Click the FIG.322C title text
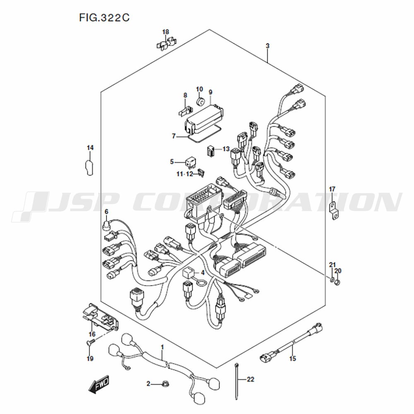(x=104, y=18)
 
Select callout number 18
(x=166, y=32)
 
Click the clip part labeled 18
(x=166, y=43)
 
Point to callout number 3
(x=267, y=46)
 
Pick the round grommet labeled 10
(x=201, y=101)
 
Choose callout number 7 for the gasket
(x=173, y=136)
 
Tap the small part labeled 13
(x=210, y=151)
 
